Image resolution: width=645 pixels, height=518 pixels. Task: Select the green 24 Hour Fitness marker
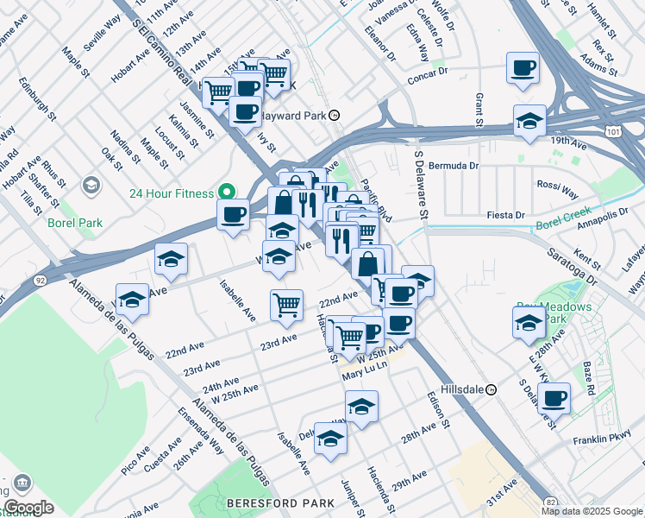[x=228, y=192]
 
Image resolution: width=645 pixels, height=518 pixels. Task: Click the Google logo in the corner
[x=28, y=508]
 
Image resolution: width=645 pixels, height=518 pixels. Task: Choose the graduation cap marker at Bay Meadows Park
[x=529, y=324]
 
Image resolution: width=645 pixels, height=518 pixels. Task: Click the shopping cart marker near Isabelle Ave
[x=286, y=304]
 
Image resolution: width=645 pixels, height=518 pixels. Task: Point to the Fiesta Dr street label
[x=506, y=215]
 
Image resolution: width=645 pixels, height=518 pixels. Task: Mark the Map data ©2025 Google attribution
[x=592, y=511]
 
